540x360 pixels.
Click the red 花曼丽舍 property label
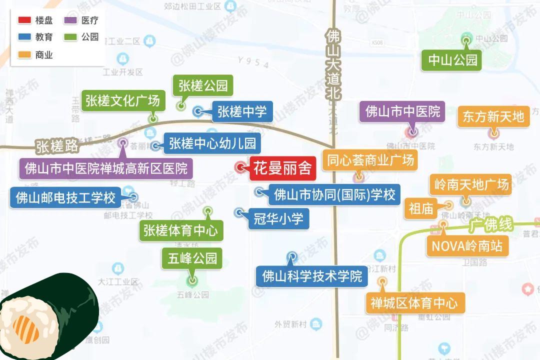(282, 168)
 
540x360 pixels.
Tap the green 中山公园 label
(453, 60)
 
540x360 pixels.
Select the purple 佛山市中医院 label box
(403, 111)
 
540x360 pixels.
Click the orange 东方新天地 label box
(493, 116)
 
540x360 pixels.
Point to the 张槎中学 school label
(242, 111)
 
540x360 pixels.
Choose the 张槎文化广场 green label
(122, 100)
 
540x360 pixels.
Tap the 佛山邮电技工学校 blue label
(65, 197)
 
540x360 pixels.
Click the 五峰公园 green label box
(192, 258)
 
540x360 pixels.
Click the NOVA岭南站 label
(467, 246)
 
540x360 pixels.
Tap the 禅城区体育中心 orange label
(414, 302)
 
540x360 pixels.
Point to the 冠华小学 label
(278, 218)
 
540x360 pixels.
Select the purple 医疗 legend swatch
(70, 21)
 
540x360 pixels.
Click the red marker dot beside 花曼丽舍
(241, 167)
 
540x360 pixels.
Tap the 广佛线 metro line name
(490, 225)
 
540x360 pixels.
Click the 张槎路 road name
(57, 146)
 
